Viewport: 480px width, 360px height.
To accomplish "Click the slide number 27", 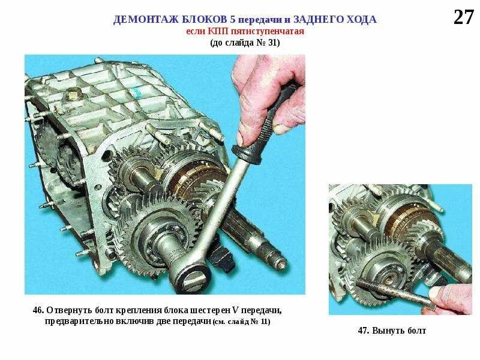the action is [463, 17].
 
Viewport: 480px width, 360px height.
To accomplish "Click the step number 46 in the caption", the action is [38, 310].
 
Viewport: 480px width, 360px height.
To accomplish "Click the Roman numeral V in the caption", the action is [235, 310].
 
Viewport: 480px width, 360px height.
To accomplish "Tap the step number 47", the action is [363, 331].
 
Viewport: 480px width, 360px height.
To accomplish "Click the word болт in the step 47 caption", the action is [416, 331].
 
